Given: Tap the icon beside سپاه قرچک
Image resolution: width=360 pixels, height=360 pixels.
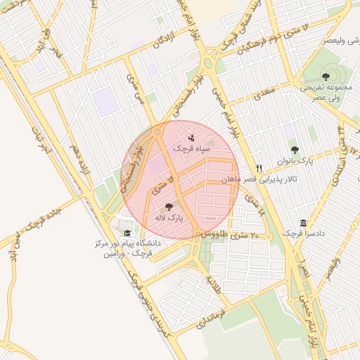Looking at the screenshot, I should coord(192,138).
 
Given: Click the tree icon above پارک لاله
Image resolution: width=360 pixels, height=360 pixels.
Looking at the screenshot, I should coord(168,207).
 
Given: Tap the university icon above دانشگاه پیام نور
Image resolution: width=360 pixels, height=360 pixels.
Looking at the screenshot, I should coord(127,233).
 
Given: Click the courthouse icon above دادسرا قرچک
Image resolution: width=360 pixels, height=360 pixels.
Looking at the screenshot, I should coord(303,222).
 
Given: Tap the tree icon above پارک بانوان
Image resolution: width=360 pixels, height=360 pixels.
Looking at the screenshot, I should coord(295,149).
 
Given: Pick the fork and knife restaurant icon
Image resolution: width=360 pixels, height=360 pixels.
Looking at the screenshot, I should coord(259,169).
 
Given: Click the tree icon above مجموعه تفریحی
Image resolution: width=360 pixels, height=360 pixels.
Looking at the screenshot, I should coord(325,76).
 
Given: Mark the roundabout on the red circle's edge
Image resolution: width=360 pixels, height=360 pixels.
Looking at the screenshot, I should coord(157,131).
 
